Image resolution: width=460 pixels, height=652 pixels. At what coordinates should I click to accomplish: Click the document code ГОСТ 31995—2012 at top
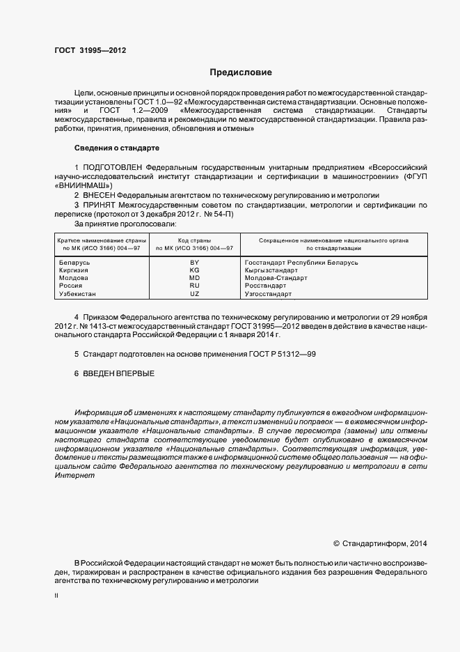(x=90, y=50)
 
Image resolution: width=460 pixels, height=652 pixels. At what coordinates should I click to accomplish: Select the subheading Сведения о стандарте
(x=117, y=148)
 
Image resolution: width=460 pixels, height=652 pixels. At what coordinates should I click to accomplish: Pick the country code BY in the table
(x=194, y=262)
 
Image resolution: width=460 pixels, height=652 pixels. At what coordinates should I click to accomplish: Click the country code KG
(x=194, y=270)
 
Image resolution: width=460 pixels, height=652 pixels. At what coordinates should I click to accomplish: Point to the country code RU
(x=194, y=286)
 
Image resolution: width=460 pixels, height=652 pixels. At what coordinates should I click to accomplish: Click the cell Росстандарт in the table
(x=265, y=286)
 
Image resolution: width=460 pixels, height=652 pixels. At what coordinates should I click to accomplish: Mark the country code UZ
(x=194, y=294)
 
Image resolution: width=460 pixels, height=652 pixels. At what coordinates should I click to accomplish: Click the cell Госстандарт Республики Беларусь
(x=301, y=262)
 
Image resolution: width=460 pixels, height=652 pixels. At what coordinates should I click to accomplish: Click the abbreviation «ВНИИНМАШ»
(x=83, y=186)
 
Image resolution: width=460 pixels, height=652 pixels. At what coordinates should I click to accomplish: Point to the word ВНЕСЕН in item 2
(x=100, y=196)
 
